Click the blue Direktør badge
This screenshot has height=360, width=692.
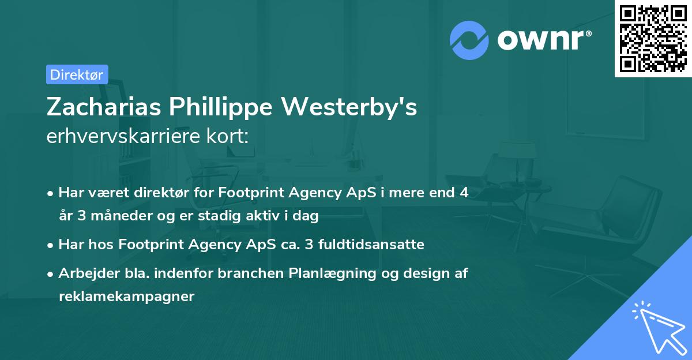[77, 74]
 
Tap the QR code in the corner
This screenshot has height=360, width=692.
[652, 38]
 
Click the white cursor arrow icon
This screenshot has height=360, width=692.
[657, 327]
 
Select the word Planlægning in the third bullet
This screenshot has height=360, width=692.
[325, 273]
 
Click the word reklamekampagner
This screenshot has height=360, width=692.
[126, 297]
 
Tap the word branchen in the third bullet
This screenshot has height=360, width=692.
[257, 273]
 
